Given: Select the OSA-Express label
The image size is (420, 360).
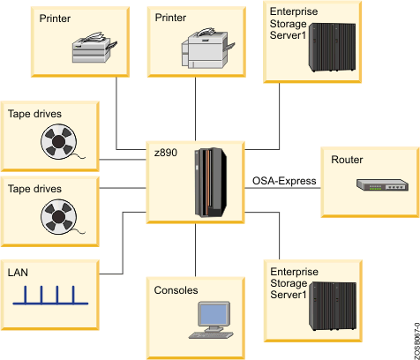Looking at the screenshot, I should (x=279, y=181).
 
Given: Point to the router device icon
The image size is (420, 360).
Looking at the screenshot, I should (x=381, y=186).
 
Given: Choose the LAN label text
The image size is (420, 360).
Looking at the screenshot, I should (x=19, y=274).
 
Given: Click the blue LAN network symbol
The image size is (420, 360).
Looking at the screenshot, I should (x=50, y=296).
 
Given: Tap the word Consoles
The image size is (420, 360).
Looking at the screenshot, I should (x=176, y=290).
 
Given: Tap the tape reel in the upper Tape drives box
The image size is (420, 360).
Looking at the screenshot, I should (x=57, y=141).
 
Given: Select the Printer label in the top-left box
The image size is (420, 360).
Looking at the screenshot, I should (x=55, y=18).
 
